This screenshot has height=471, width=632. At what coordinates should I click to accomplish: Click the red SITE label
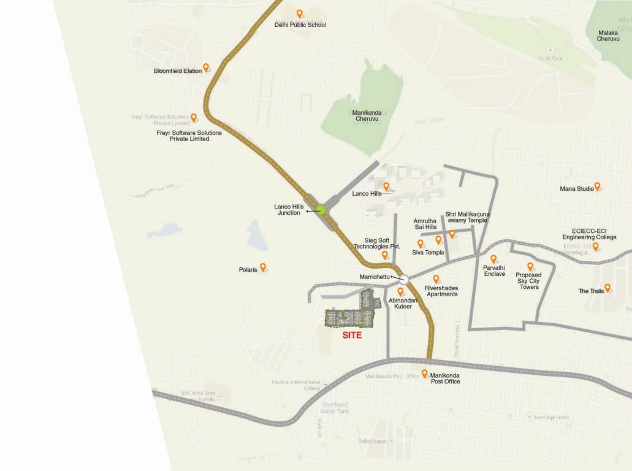click(351, 335)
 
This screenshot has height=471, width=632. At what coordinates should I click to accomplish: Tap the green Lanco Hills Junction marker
click(321, 210)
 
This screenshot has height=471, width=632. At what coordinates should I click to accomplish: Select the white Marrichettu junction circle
click(404, 278)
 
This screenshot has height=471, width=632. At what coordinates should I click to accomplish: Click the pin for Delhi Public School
click(299, 14)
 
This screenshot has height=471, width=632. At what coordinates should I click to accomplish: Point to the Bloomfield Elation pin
click(206, 67)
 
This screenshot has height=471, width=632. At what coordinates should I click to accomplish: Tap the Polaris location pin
click(263, 267)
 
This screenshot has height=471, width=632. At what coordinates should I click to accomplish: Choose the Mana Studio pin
click(597, 186)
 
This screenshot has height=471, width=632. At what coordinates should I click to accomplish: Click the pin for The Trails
click(607, 288)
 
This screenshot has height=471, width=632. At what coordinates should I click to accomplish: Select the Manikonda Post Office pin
click(424, 373)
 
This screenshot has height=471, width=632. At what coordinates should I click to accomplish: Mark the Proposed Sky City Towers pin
click(530, 267)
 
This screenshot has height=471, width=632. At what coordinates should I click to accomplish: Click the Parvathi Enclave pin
click(493, 259)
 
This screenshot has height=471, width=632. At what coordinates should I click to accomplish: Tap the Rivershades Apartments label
click(441, 291)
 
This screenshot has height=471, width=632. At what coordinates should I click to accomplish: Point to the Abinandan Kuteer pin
click(401, 292)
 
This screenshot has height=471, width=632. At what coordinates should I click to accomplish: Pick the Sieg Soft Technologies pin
click(385, 255)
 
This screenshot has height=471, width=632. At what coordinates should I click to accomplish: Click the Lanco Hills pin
click(386, 186)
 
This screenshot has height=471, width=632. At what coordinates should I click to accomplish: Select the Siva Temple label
click(428, 252)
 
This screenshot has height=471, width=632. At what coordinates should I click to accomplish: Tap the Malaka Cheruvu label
click(612, 36)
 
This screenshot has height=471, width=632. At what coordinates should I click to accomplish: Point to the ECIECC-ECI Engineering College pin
click(595, 247)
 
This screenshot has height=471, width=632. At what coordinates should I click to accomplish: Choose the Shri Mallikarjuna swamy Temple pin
click(452, 234)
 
